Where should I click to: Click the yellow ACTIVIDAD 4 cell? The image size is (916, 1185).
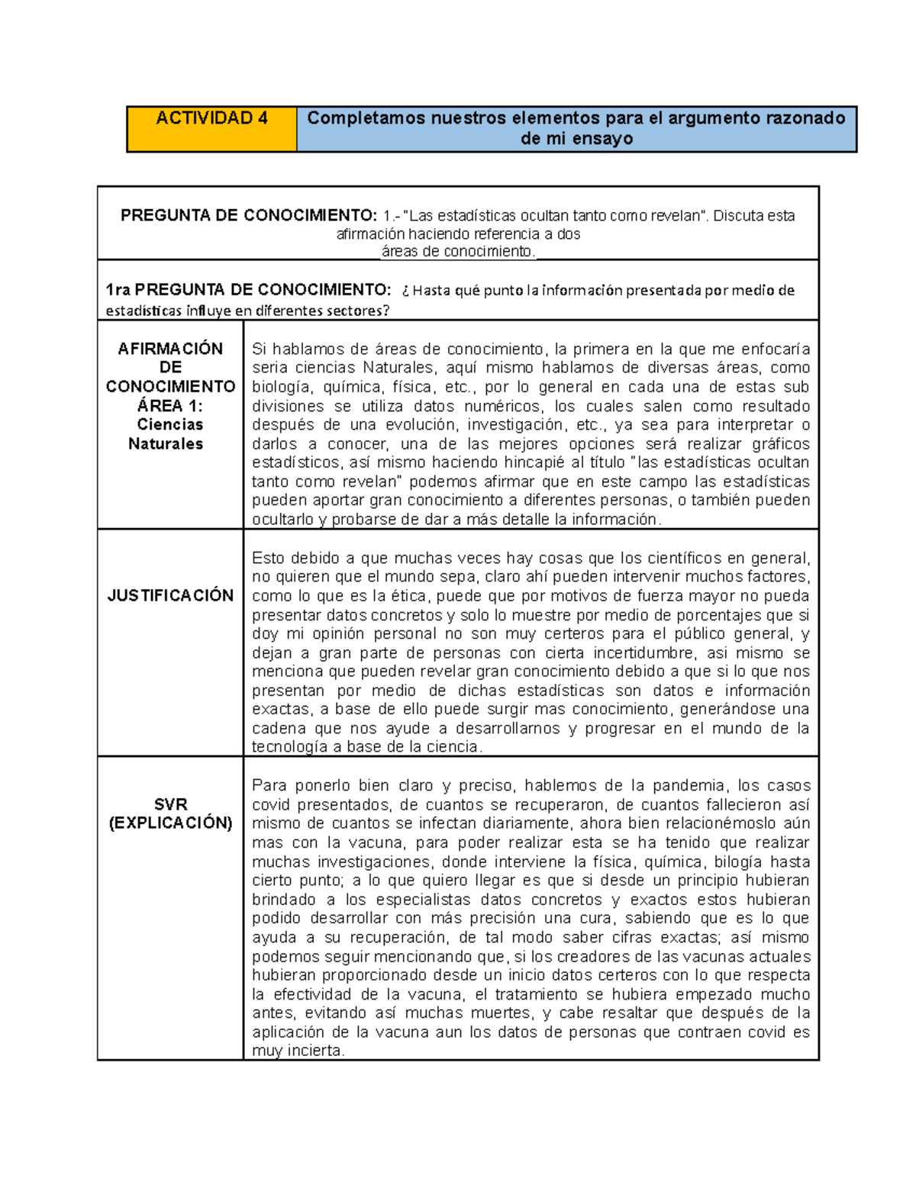[211, 128]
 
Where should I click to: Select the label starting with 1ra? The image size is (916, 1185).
[247, 290]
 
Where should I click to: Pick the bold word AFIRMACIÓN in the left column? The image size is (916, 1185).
[170, 349]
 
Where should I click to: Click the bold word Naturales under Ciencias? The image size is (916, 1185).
[166, 444]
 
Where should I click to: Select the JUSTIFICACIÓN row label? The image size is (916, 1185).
[170, 596]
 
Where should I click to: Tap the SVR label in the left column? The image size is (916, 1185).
[170, 804]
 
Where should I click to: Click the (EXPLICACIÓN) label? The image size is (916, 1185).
[170, 823]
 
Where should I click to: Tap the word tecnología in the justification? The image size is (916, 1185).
[290, 748]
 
